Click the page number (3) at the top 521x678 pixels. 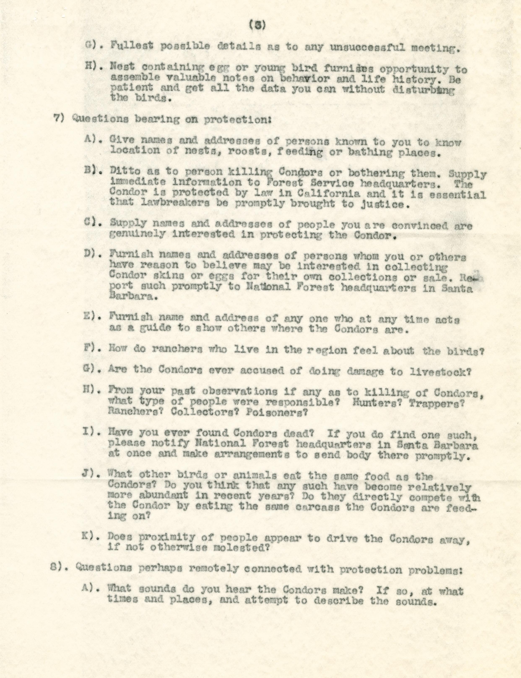pyautogui.click(x=257, y=26)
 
